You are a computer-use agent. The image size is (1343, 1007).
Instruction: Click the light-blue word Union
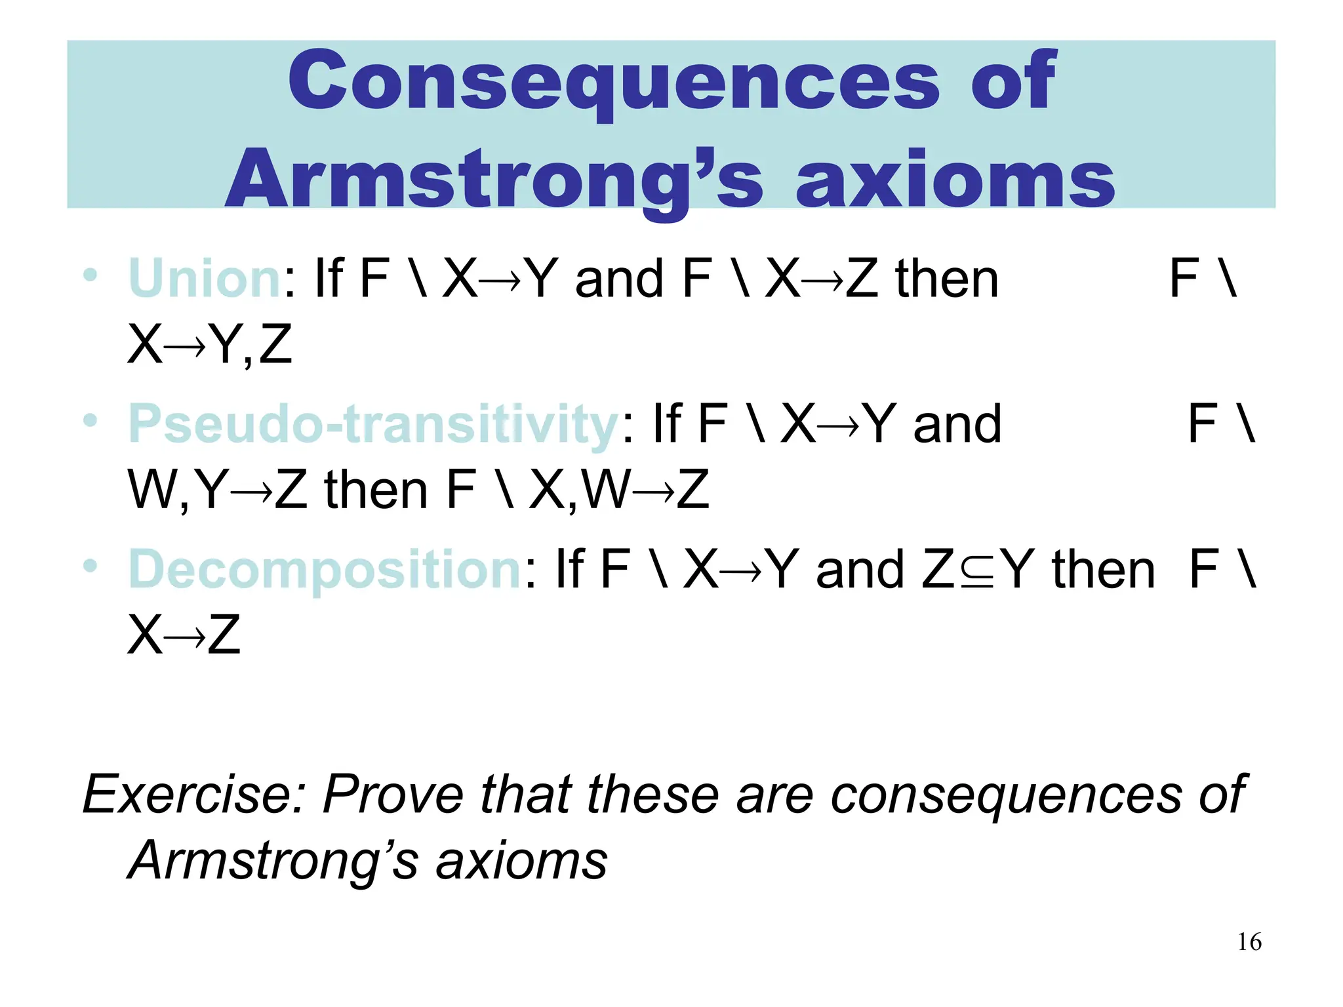(205, 279)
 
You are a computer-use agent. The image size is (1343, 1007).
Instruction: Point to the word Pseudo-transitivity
(373, 425)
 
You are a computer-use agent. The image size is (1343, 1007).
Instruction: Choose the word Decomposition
(325, 569)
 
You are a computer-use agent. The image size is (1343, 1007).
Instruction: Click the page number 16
(1249, 942)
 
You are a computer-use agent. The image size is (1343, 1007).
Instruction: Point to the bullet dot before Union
(90, 275)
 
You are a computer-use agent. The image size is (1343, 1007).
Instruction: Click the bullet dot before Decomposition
(90, 565)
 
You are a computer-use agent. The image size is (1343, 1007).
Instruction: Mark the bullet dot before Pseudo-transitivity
(90, 420)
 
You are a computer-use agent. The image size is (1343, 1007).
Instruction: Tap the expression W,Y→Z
(217, 490)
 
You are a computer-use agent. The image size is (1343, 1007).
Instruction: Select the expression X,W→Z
(619, 490)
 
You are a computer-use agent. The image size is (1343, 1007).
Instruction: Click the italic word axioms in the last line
(521, 861)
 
